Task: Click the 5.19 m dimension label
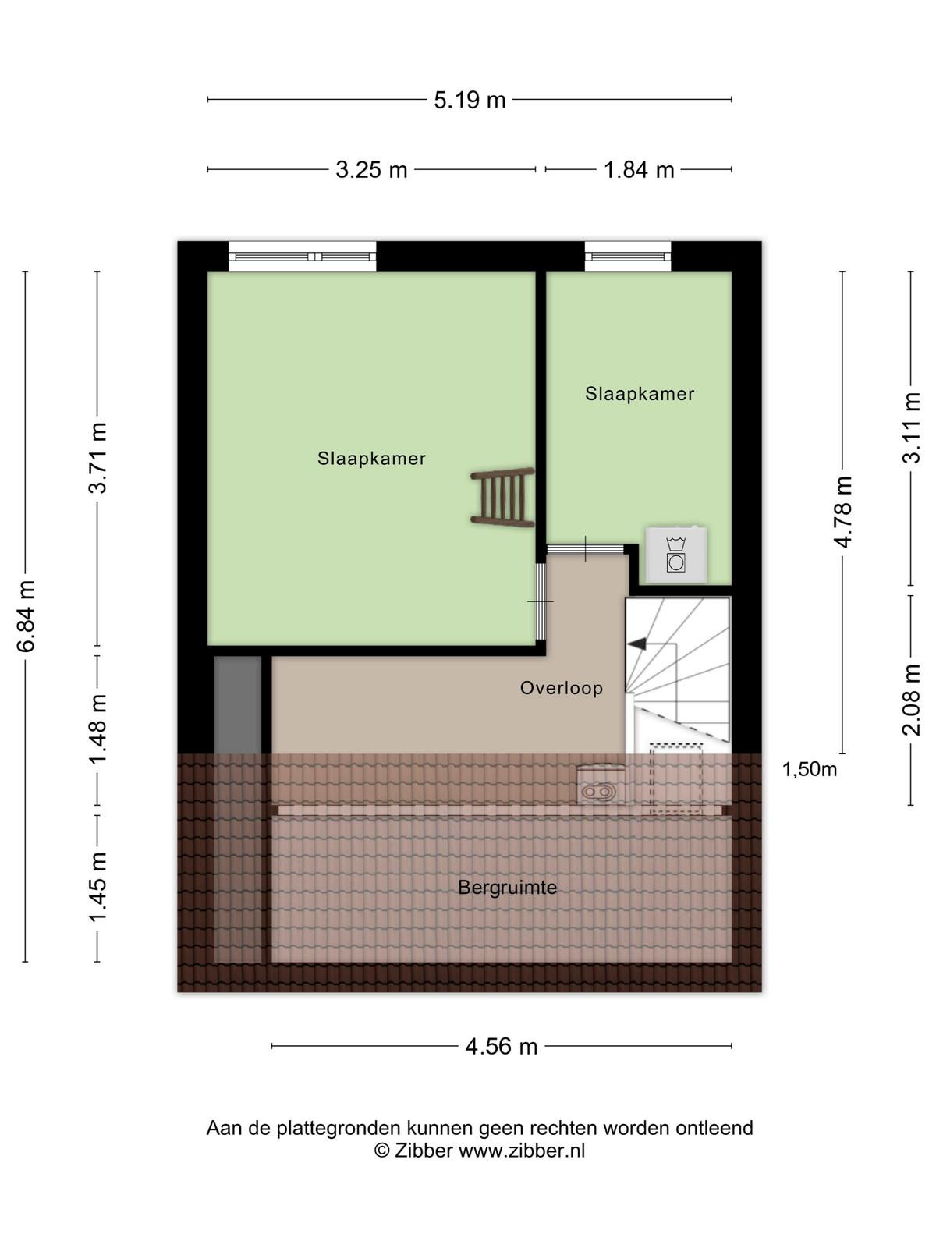pos(470,100)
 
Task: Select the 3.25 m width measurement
pos(371,169)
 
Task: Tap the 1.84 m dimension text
pos(639,169)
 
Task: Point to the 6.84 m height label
pos(27,615)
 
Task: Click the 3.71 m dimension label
pos(97,459)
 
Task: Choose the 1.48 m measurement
pos(97,729)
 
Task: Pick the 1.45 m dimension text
pos(97,888)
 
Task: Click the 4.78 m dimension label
pos(843,512)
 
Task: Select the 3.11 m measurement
pos(912,427)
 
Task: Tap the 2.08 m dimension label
pos(912,700)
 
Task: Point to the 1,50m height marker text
pos(810,769)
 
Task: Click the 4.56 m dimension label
pos(502,1046)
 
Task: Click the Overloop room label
pos(562,688)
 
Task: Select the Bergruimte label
pos(508,888)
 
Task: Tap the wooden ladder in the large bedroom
pos(502,498)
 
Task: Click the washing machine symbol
pos(676,554)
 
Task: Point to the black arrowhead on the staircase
pos(637,643)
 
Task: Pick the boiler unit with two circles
pos(600,783)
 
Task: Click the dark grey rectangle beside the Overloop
pos(238,705)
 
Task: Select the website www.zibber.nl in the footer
pos(522,1150)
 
